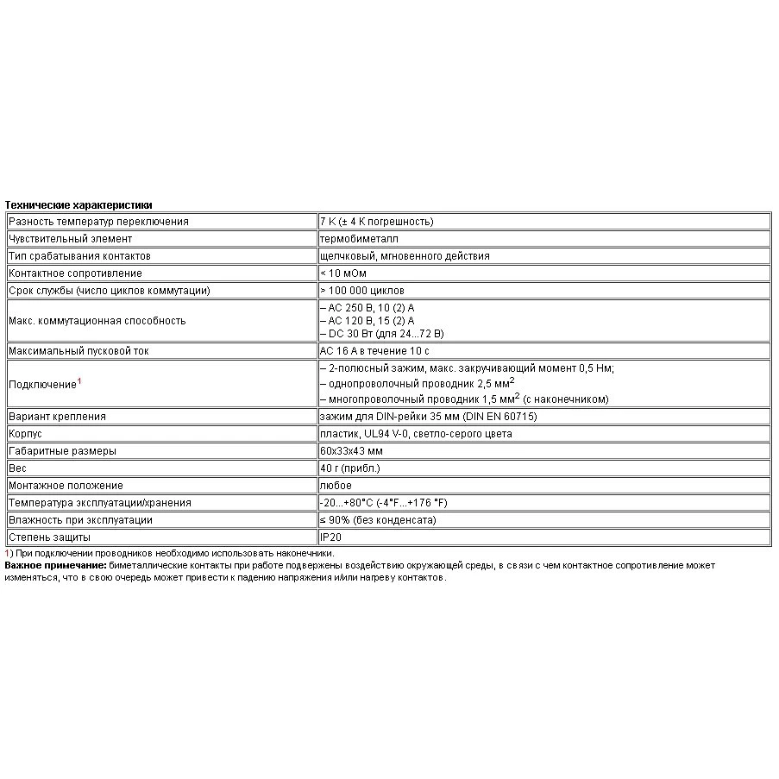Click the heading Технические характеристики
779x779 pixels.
(x=79, y=205)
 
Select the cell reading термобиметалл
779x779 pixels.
(x=359, y=239)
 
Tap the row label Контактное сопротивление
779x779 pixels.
(x=75, y=273)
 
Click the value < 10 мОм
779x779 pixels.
(x=342, y=273)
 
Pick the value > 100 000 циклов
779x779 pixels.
(x=361, y=291)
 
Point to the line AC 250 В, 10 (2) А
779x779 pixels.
(x=372, y=308)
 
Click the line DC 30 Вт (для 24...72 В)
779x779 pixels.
(x=381, y=333)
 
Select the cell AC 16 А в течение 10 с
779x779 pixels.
(x=374, y=351)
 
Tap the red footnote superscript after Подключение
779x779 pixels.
(x=79, y=380)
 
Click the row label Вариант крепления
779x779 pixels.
(x=57, y=417)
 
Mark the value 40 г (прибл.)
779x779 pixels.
(x=349, y=468)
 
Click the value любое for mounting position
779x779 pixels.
(x=336, y=486)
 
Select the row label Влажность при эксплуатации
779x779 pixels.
(x=80, y=520)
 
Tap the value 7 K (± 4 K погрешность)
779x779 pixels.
(x=376, y=222)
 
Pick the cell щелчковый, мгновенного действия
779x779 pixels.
(x=405, y=256)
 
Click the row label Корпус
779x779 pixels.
(x=25, y=434)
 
